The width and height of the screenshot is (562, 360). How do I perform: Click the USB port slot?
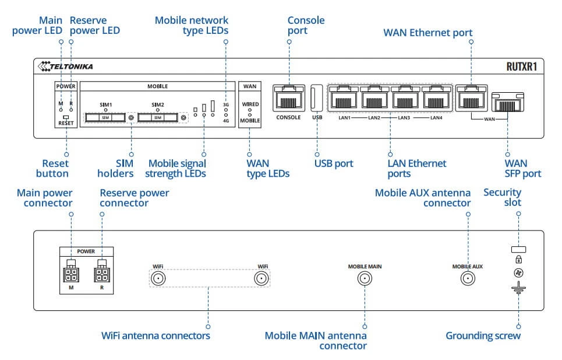click(x=317, y=98)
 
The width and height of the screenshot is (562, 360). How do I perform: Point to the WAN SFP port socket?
click(x=508, y=103)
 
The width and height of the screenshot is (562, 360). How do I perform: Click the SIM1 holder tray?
click(x=105, y=117)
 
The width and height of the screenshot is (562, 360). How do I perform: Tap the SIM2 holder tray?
click(x=158, y=117)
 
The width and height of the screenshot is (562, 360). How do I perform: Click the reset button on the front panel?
click(x=66, y=117)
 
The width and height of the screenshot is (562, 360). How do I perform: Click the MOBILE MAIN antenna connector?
click(x=365, y=279)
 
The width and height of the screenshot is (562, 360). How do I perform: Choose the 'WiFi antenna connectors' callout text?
click(x=155, y=335)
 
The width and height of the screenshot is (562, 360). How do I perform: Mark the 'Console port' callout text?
click(x=306, y=25)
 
